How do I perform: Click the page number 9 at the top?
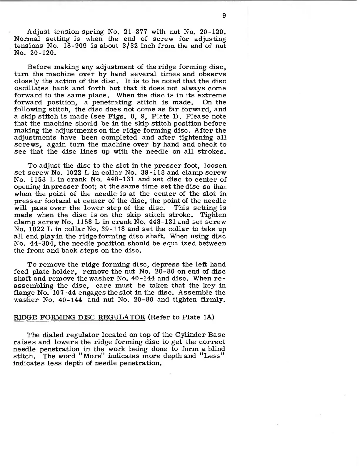point(224,16)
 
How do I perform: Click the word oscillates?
point(31,88)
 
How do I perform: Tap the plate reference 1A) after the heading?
point(209,317)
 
